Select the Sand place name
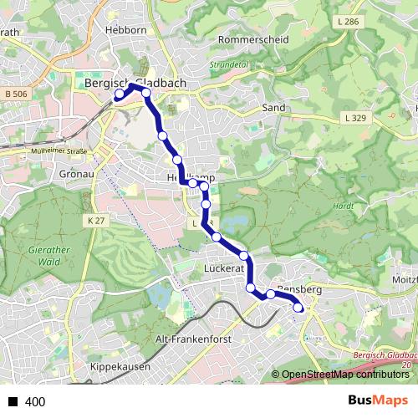click(x=274, y=108)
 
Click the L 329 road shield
click(x=354, y=120)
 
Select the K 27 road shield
click(x=96, y=220)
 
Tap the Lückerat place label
click(x=224, y=269)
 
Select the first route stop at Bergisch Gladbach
click(x=119, y=95)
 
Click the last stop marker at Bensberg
click(x=298, y=309)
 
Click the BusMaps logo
click(x=378, y=400)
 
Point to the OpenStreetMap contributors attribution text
click(x=346, y=375)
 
